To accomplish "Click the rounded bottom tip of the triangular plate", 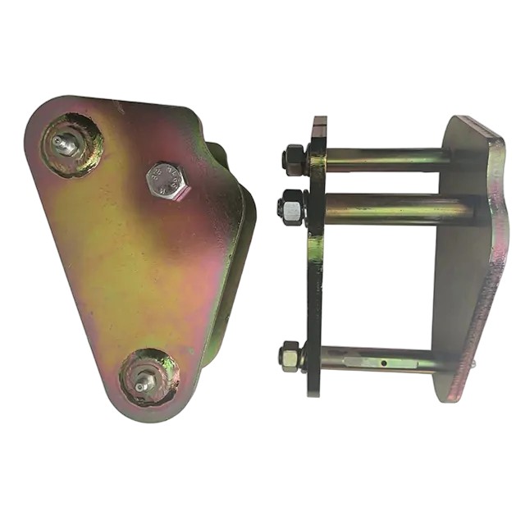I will click(148, 414).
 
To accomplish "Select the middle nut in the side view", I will click(291, 208).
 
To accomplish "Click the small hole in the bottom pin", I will click(383, 360).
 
